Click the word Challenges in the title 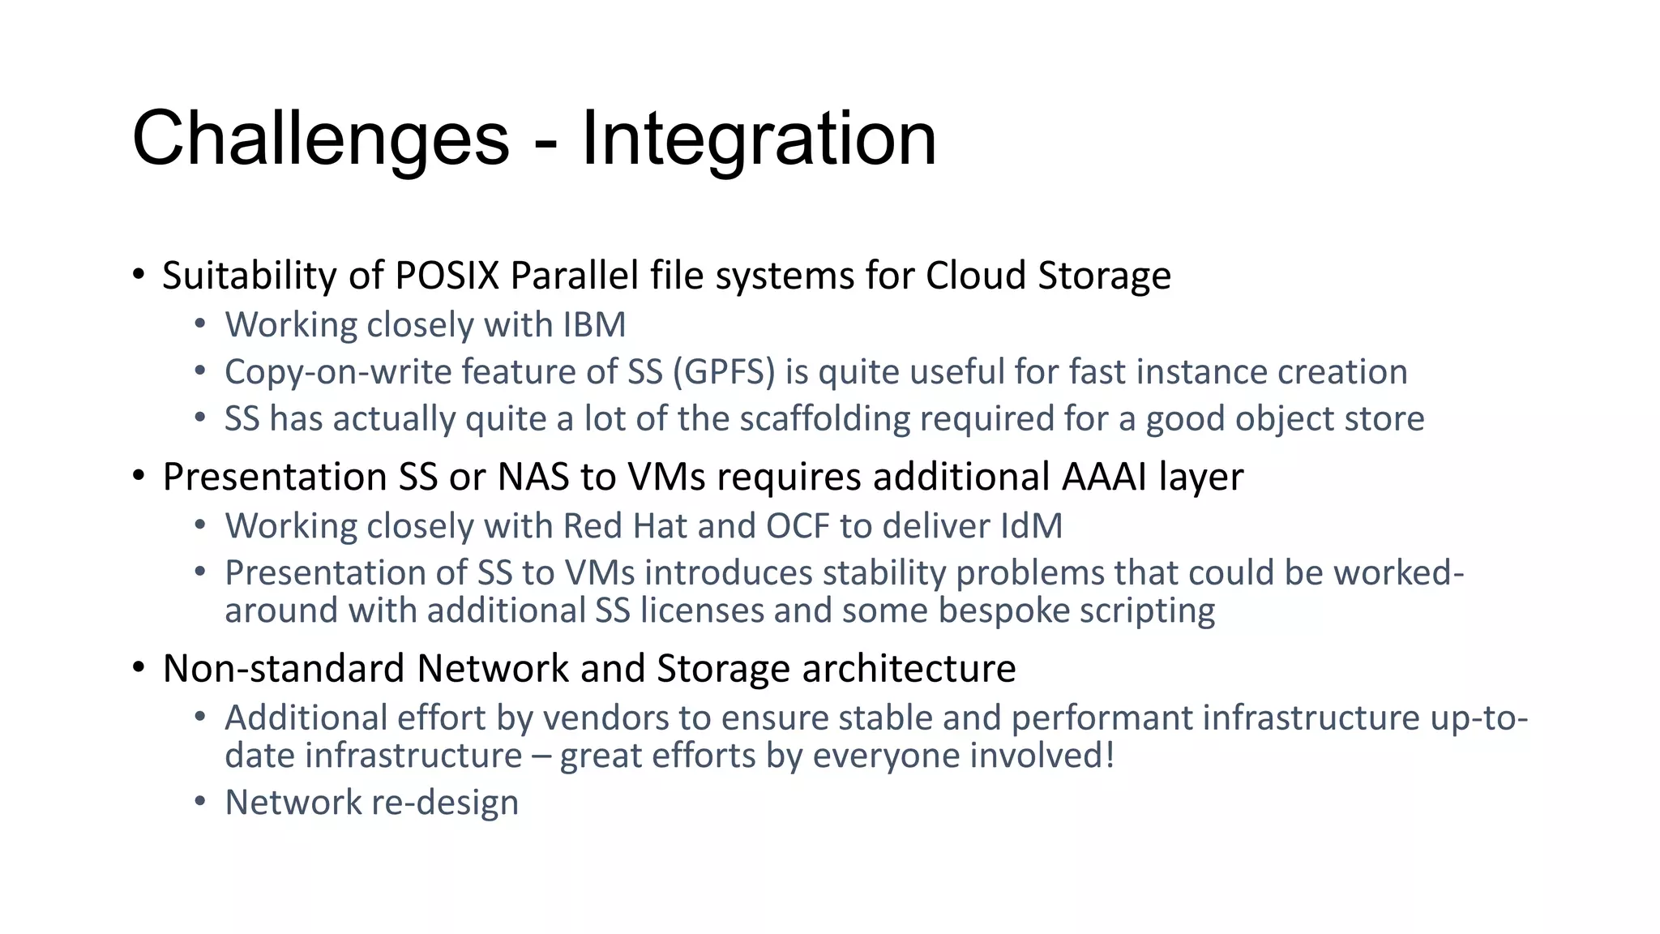pos(320,139)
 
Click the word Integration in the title pos(759,139)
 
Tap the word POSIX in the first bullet pos(447,276)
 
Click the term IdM pos(1031,526)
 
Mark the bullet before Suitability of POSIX pos(139,274)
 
